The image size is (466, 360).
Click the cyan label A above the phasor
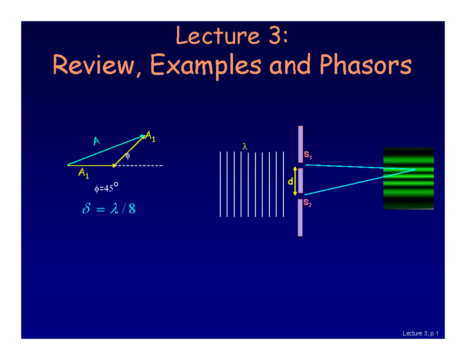(96, 141)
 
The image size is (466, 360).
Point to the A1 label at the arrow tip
(150, 137)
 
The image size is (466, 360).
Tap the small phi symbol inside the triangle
(127, 156)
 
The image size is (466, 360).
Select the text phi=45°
(106, 188)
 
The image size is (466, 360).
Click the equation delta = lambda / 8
(109, 210)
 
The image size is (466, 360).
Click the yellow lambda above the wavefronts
(245, 147)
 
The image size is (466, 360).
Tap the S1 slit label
(308, 156)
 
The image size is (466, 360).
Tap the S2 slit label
(307, 203)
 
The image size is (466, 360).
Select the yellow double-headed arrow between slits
(295, 181)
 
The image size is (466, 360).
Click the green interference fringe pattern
(408, 179)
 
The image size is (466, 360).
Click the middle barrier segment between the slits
(300, 181)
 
